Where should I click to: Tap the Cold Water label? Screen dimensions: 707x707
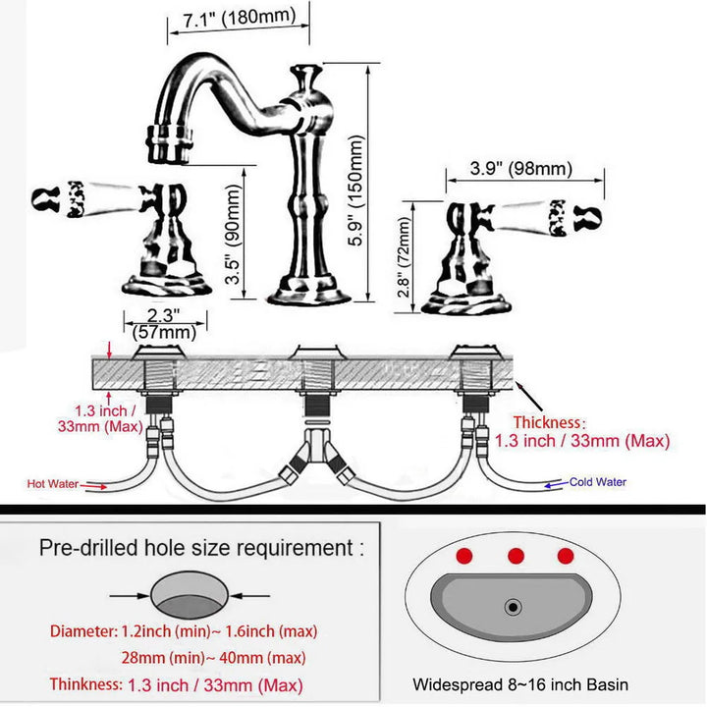(x=598, y=482)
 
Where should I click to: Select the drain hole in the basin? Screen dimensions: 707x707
(x=514, y=607)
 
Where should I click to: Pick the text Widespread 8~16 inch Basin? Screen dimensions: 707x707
(x=520, y=684)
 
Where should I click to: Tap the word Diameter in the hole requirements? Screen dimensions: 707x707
(x=83, y=630)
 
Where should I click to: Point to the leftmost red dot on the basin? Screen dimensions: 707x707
(x=465, y=556)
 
